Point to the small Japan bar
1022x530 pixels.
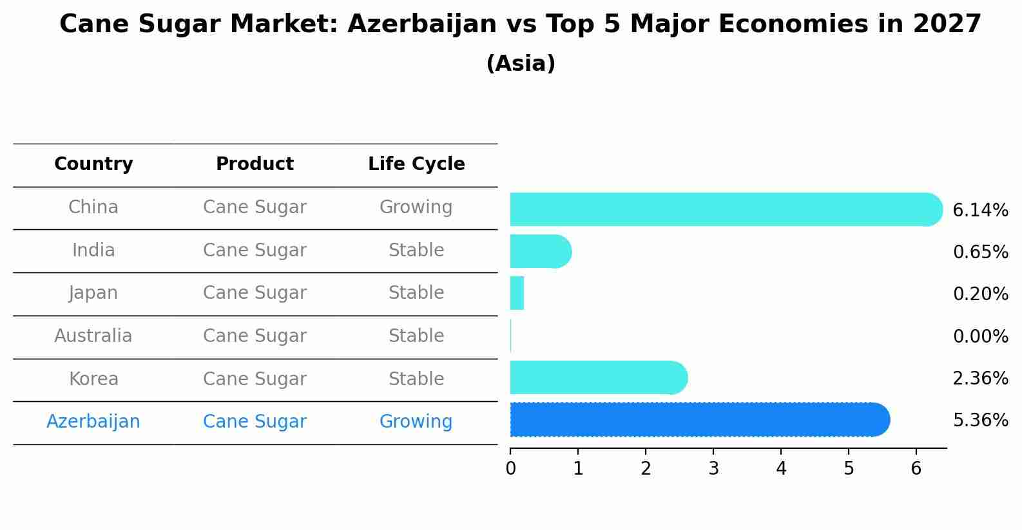517,293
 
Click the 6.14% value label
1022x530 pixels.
979,211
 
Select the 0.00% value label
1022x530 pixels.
980,337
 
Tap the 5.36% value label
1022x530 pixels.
980,421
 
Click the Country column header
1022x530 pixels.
93,164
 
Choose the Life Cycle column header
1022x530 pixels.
416,164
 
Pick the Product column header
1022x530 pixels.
255,164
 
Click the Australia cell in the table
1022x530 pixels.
93,336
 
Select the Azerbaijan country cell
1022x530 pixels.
93,422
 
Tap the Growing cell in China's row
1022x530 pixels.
416,207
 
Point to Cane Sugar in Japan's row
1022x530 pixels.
255,293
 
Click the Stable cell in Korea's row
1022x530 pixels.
416,379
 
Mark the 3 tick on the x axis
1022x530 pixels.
713,468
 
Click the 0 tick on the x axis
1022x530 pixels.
510,468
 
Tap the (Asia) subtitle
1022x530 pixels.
521,64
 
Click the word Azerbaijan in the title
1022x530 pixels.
422,24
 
